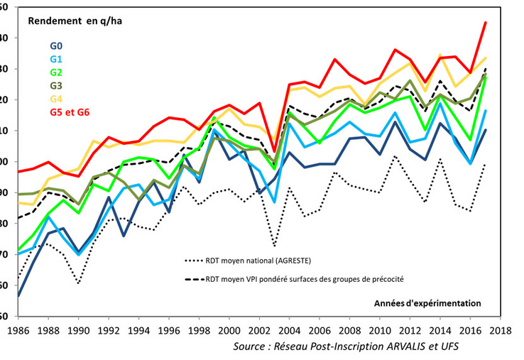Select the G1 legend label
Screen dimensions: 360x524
(55, 58)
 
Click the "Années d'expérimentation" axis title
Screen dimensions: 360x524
(427, 302)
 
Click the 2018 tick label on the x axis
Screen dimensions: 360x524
(500, 330)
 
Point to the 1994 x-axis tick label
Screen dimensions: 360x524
(138, 330)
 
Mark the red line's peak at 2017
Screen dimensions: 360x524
(485, 23)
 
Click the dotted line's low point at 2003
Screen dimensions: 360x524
(273, 246)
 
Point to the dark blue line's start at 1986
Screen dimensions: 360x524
(18, 296)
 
